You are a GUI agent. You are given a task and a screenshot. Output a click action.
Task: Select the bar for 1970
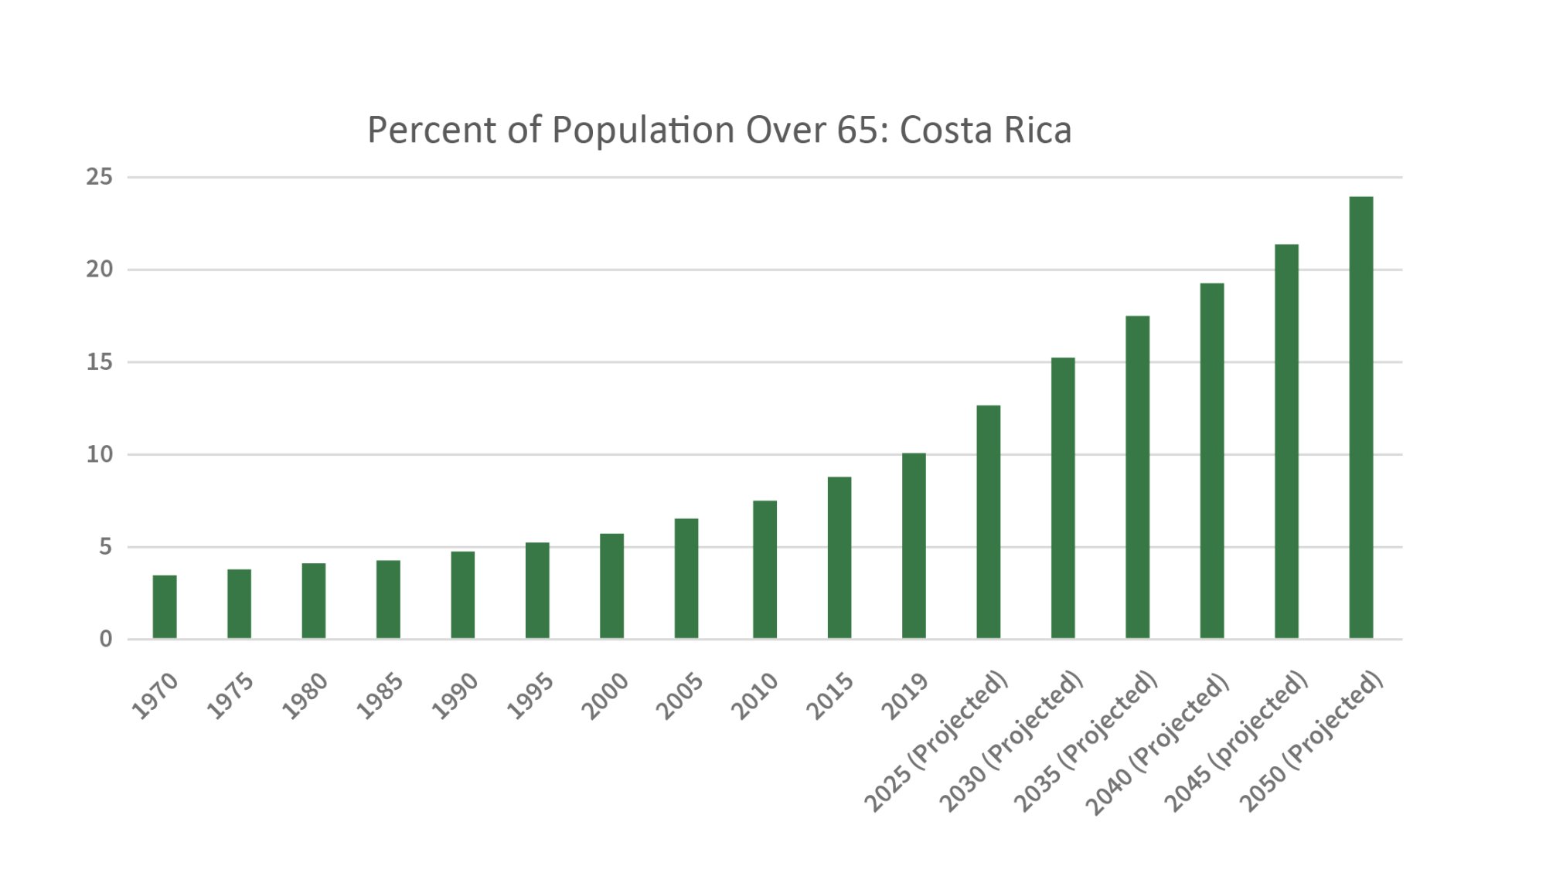[x=165, y=607]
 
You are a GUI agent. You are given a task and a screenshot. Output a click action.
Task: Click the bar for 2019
[x=914, y=546]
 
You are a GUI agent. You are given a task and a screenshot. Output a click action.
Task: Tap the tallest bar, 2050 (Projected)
[x=1360, y=418]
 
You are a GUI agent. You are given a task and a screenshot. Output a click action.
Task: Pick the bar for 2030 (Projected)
[x=1063, y=498]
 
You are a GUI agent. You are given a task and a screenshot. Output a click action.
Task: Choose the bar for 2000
[x=611, y=586]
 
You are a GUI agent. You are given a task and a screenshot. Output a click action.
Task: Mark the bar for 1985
[x=388, y=599]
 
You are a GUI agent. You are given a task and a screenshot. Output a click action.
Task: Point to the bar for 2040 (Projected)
[x=1212, y=461]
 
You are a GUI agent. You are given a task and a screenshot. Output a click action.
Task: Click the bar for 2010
[x=764, y=570]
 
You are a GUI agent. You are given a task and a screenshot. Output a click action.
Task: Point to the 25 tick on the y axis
[x=100, y=178]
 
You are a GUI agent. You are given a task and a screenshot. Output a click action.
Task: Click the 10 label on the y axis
[x=100, y=455]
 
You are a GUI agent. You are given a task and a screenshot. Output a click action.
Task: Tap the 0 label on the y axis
[x=106, y=640]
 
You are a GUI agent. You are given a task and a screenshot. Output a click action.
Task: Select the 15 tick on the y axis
[x=100, y=362]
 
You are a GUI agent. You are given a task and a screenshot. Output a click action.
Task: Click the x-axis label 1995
[x=530, y=696]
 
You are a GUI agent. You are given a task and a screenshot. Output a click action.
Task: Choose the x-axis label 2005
[x=679, y=696]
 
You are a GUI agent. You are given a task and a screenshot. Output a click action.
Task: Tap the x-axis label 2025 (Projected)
[x=935, y=742]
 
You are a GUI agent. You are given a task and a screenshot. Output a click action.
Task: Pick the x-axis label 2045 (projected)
[x=1235, y=742]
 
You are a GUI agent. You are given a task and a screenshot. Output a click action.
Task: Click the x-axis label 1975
[x=230, y=696]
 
